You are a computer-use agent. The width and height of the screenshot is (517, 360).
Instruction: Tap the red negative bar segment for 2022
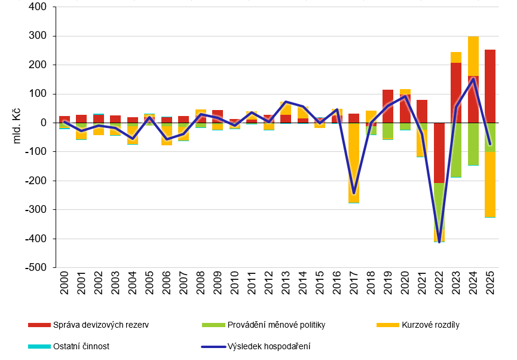(x=439, y=152)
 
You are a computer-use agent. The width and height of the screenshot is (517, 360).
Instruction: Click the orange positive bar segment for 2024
(x=473, y=56)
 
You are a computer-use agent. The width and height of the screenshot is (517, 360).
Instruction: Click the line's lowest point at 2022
(x=439, y=241)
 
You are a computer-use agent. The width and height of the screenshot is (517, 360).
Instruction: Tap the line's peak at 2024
(x=473, y=78)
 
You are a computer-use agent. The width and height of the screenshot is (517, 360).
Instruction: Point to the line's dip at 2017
(x=354, y=193)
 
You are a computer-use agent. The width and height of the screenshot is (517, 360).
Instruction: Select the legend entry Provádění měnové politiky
(x=276, y=325)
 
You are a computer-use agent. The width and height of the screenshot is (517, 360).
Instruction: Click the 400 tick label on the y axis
(x=39, y=7)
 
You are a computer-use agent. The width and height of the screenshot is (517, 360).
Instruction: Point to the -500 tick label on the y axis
(x=37, y=267)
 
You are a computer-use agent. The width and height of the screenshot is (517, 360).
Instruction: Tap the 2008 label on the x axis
(x=201, y=286)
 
